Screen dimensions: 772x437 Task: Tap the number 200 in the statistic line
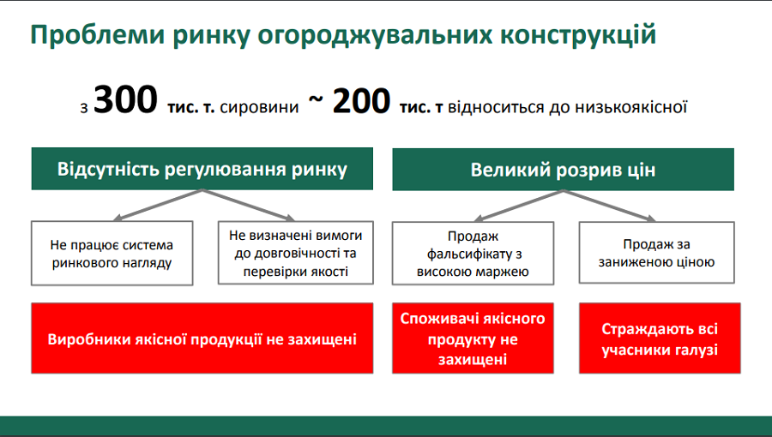(x=361, y=101)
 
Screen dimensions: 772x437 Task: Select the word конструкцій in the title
(x=578, y=35)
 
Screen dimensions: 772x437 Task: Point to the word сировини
(x=259, y=107)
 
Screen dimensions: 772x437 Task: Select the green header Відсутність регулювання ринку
(x=202, y=169)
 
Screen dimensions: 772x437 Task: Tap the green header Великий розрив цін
(x=564, y=169)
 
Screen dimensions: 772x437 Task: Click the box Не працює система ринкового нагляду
(x=112, y=253)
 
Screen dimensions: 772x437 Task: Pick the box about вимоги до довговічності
(x=295, y=253)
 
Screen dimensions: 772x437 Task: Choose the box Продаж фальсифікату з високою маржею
(x=473, y=253)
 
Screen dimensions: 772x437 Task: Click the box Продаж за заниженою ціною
(x=656, y=253)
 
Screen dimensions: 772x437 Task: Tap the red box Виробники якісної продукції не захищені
(x=202, y=338)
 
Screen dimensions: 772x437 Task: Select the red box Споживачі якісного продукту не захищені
(x=473, y=338)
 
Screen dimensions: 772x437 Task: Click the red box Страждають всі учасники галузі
(x=660, y=338)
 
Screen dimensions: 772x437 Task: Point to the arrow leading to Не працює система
(x=158, y=205)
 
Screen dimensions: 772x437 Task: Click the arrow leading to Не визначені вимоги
(x=249, y=205)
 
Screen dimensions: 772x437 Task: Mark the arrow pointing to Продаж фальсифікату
(x=518, y=206)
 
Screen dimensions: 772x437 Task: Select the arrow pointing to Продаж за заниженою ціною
(x=610, y=206)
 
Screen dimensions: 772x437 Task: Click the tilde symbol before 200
(x=316, y=99)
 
